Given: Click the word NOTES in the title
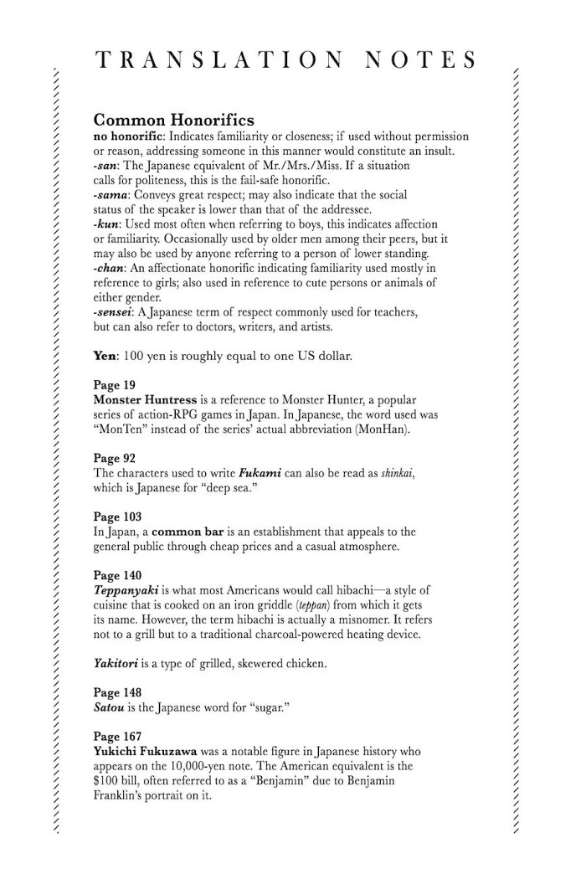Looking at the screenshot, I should click(421, 61).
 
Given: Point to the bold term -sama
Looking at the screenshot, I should click(111, 195).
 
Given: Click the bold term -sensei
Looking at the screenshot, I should click(114, 312).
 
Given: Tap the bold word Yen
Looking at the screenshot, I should click(105, 356).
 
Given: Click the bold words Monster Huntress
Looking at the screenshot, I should click(146, 400).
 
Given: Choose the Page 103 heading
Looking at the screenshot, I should click(119, 517).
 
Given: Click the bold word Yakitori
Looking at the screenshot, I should click(121, 664).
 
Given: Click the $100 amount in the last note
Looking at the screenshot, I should click(107, 781).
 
